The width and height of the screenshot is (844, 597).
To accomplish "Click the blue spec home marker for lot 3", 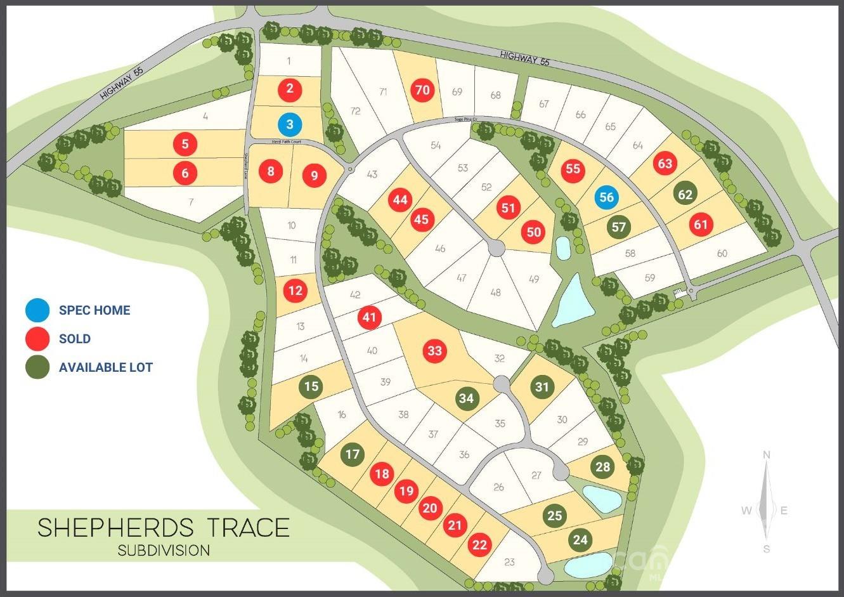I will pyautogui.click(x=290, y=124).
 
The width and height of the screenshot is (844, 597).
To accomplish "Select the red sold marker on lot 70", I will pyautogui.click(x=423, y=90).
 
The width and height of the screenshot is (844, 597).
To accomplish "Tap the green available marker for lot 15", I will pyautogui.click(x=311, y=387).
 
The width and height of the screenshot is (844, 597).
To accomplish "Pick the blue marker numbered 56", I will pyautogui.click(x=606, y=197).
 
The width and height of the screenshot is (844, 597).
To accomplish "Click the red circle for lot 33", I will pyautogui.click(x=434, y=351).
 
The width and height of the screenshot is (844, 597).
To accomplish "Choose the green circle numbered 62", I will pyautogui.click(x=685, y=194).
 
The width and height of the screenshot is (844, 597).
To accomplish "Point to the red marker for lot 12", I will pyautogui.click(x=295, y=291).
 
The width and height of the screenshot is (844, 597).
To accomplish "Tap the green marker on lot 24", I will pyautogui.click(x=580, y=540).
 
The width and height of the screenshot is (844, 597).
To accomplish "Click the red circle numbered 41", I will pyautogui.click(x=370, y=317).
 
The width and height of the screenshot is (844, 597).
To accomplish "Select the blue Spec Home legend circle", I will pyautogui.click(x=37, y=310).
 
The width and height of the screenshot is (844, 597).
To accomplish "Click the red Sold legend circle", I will pyautogui.click(x=37, y=339).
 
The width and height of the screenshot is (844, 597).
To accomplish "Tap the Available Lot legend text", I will pyautogui.click(x=106, y=367).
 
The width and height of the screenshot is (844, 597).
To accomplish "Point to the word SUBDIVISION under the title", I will pyautogui.click(x=164, y=550).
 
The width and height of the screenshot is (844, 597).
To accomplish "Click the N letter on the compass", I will pyautogui.click(x=767, y=454).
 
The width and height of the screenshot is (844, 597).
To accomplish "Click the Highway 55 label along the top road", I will pyautogui.click(x=524, y=59).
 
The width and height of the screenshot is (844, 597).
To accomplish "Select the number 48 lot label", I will pyautogui.click(x=495, y=292).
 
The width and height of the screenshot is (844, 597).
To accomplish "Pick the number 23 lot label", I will pyautogui.click(x=510, y=562).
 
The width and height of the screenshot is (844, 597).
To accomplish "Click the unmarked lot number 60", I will pyautogui.click(x=722, y=254).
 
